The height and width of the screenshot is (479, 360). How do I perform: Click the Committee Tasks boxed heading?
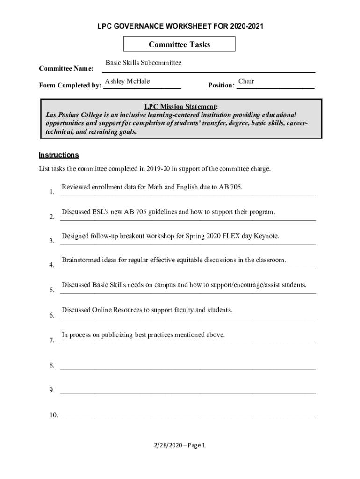(x=179, y=44)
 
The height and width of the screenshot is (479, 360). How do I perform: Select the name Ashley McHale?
(x=128, y=82)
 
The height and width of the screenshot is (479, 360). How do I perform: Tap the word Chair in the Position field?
(x=246, y=82)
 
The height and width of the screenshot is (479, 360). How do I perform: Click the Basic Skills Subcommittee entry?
(x=143, y=63)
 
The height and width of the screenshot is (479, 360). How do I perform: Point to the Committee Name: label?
(x=66, y=69)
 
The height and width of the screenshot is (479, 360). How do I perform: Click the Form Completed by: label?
(x=70, y=85)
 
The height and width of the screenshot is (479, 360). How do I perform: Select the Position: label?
(x=221, y=85)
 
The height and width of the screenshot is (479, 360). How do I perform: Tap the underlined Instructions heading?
(x=58, y=155)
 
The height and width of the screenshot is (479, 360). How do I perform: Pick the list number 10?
(x=53, y=415)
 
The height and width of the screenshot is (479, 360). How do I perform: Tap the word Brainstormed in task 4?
(x=81, y=260)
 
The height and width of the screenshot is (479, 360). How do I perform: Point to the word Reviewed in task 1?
(x=76, y=187)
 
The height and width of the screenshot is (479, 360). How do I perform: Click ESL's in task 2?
(x=101, y=212)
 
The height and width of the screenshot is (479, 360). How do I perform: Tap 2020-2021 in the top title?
(x=245, y=26)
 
